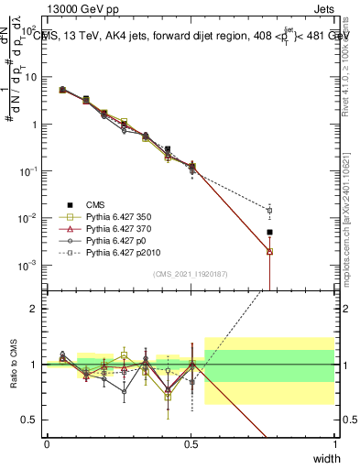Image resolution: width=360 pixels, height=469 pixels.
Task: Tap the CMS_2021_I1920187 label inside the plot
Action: coord(191,273)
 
